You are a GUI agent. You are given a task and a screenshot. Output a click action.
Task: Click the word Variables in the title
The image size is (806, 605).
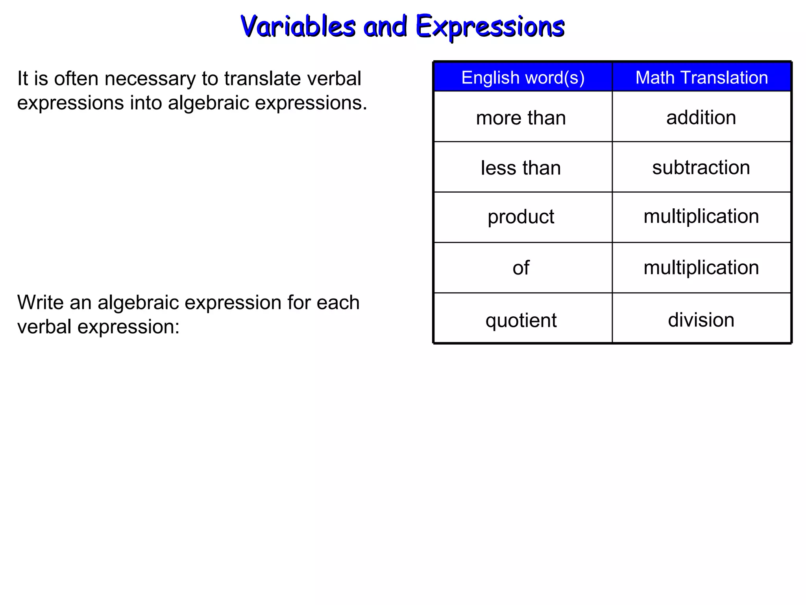click(x=298, y=27)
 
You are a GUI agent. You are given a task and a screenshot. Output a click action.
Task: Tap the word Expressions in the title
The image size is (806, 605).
click(x=490, y=27)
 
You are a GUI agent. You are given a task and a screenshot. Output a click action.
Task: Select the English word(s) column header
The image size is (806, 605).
click(x=523, y=78)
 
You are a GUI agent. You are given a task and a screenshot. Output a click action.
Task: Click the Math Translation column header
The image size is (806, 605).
click(x=701, y=78)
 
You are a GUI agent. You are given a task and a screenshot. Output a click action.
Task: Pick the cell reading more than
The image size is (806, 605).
click(x=521, y=118)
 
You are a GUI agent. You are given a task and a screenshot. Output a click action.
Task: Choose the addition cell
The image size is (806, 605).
click(x=701, y=117)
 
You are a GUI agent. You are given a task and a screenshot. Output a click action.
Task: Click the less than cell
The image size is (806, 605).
click(x=521, y=168)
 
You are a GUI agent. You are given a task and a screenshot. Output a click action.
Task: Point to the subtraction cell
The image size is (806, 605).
click(x=701, y=167)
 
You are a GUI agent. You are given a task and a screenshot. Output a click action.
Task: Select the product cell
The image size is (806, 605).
click(x=521, y=217)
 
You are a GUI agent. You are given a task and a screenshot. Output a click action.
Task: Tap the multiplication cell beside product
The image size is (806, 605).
click(x=701, y=216)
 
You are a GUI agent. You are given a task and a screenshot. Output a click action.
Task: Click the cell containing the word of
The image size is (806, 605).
click(x=521, y=268)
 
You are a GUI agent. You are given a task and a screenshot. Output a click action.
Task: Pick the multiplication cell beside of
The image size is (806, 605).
click(x=701, y=267)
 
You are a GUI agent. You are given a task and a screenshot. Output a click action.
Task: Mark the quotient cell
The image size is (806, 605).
click(x=521, y=320)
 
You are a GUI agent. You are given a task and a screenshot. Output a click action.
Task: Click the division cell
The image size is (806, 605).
click(x=701, y=319)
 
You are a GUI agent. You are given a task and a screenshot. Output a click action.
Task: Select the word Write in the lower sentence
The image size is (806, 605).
click(x=40, y=302)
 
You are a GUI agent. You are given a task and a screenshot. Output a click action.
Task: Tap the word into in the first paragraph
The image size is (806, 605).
click(x=146, y=103)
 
